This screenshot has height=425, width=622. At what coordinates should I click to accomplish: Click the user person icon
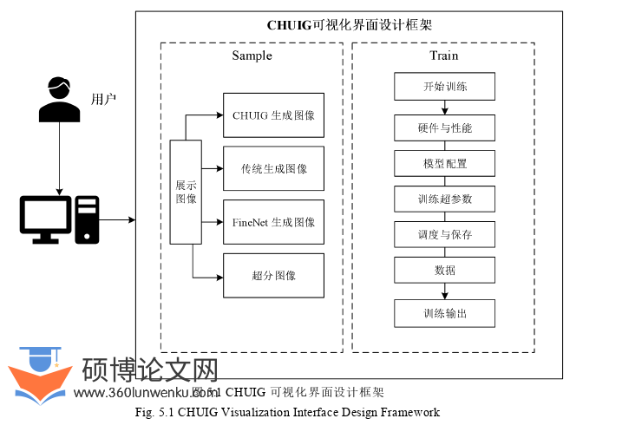pyautogui.click(x=58, y=99)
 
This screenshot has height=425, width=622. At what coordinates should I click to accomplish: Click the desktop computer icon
pyautogui.click(x=60, y=219)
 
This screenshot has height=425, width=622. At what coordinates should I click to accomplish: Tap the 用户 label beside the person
pyautogui.click(x=103, y=99)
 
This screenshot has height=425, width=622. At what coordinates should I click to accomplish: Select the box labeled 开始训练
pyautogui.click(x=445, y=87)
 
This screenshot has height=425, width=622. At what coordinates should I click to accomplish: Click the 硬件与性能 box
pyautogui.click(x=445, y=128)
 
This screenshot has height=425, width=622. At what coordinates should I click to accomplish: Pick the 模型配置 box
pyautogui.click(x=445, y=163)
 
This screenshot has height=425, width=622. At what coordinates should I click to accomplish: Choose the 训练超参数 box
pyautogui.click(x=445, y=199)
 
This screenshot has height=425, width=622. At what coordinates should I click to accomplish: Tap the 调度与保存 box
pyautogui.click(x=445, y=234)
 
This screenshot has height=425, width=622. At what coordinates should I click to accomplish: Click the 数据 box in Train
pyautogui.click(x=445, y=270)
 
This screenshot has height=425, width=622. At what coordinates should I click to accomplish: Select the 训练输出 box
pyautogui.click(x=445, y=313)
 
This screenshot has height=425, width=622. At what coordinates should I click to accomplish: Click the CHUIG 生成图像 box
pyautogui.click(x=273, y=115)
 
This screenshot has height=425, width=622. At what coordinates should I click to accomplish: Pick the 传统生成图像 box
pyautogui.click(x=273, y=169)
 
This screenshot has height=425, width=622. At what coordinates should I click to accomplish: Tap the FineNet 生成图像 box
pyautogui.click(x=273, y=222)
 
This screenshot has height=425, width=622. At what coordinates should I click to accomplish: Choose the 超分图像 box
pyautogui.click(x=273, y=276)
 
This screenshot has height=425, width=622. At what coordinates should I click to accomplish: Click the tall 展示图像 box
pyautogui.click(x=186, y=192)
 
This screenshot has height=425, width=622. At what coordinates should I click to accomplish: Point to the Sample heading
pyautogui.click(x=252, y=56)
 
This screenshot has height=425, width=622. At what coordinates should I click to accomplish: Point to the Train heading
pyautogui.click(x=443, y=56)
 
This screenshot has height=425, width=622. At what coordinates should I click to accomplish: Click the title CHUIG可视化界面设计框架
pyautogui.click(x=349, y=25)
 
